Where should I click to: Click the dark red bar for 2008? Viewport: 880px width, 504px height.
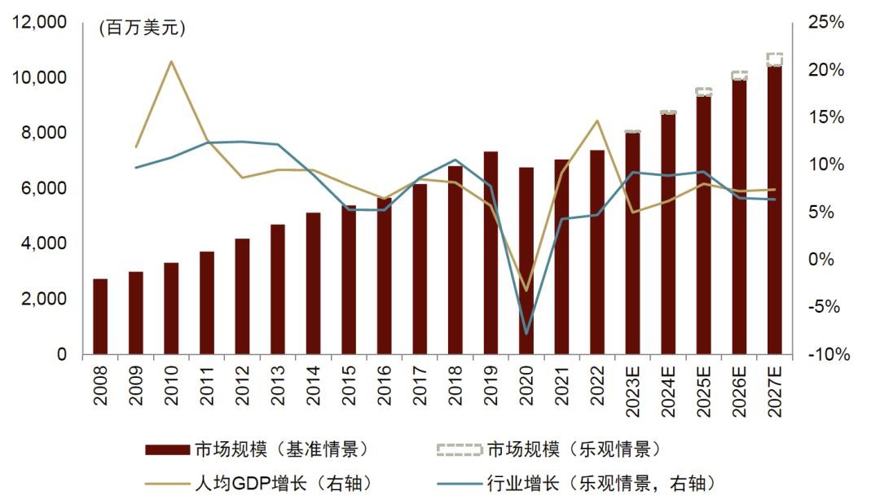[100, 317]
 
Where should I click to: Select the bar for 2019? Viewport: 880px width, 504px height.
[491, 253]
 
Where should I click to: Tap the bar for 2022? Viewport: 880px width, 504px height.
[597, 252]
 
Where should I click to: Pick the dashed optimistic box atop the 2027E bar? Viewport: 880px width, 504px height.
[775, 59]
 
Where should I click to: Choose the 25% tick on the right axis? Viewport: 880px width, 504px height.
[825, 23]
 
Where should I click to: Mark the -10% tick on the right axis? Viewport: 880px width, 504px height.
[827, 355]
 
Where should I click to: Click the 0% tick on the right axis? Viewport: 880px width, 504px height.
[828, 260]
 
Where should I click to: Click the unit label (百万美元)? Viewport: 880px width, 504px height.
[142, 28]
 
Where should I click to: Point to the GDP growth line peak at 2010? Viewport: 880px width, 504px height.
[171, 61]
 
